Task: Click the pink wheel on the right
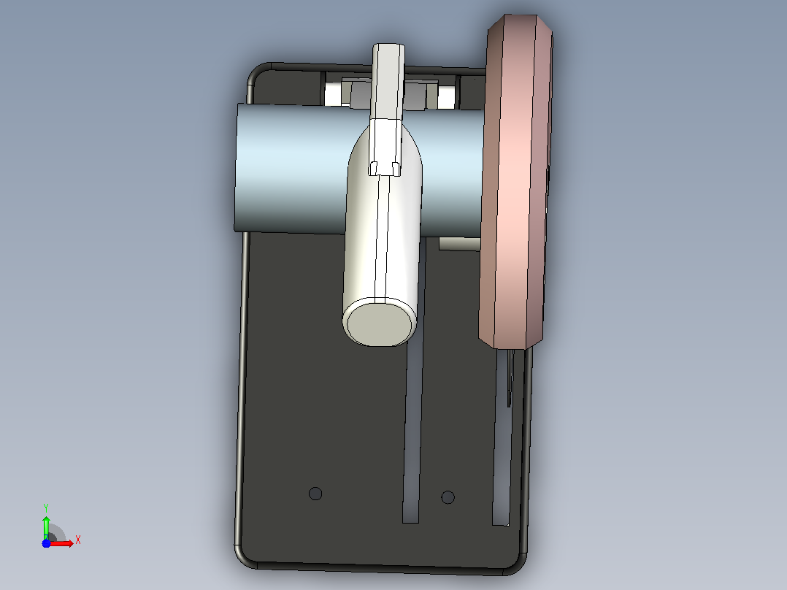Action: pyautogui.click(x=515, y=181)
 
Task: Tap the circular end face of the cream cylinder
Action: pyautogui.click(x=380, y=322)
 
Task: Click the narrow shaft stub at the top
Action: pyautogui.click(x=388, y=80)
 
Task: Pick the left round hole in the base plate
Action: pyautogui.click(x=315, y=494)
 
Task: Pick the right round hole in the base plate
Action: pyautogui.click(x=448, y=497)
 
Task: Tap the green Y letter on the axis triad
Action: pyautogui.click(x=46, y=507)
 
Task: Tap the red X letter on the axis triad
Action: pyautogui.click(x=78, y=540)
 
